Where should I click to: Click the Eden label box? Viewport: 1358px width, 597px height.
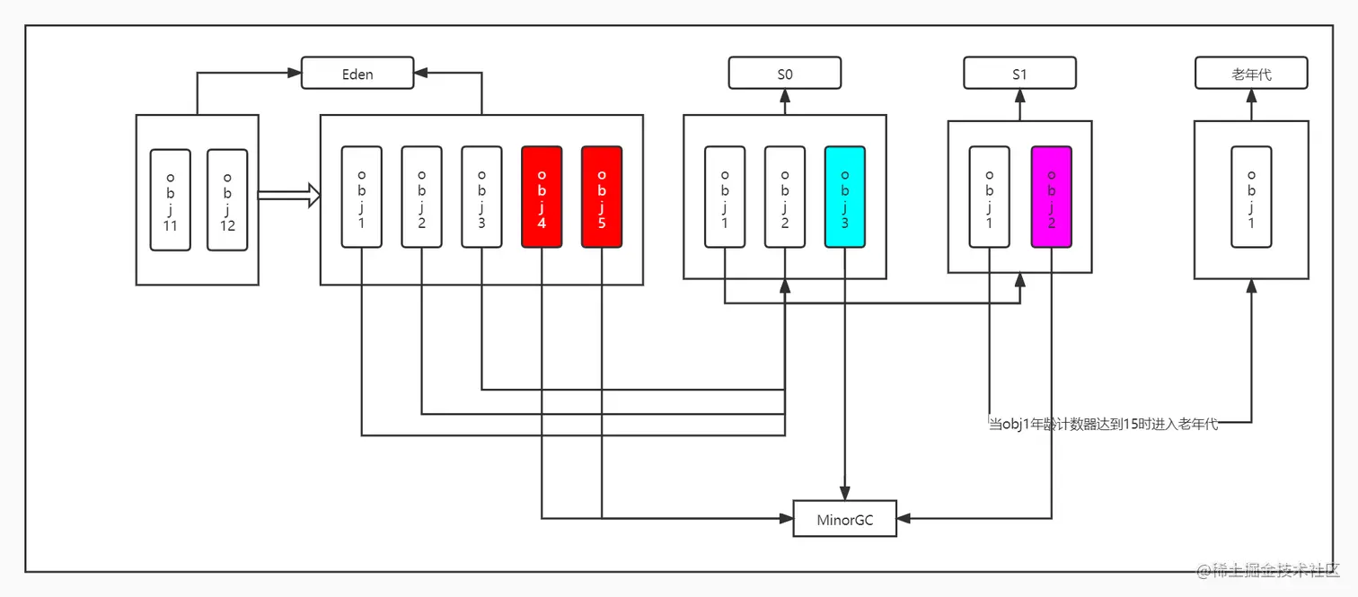tap(357, 74)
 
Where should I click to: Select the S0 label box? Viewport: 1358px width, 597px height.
tap(784, 74)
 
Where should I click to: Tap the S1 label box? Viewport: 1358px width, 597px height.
tap(1019, 74)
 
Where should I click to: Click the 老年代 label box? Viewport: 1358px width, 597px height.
tap(1251, 74)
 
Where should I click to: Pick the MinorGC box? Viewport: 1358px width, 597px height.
tap(844, 519)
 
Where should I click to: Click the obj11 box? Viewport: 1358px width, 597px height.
tap(171, 199)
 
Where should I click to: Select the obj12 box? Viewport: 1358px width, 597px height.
tap(227, 199)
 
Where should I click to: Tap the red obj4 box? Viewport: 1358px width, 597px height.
tap(542, 197)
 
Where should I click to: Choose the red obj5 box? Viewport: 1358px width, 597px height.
tap(602, 197)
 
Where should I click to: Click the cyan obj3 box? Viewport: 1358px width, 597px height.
tap(844, 197)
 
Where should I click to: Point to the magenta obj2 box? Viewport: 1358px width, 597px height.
tap(1052, 197)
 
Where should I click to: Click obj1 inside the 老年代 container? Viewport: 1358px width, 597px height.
tap(1251, 197)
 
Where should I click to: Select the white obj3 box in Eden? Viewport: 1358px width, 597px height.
tap(481, 197)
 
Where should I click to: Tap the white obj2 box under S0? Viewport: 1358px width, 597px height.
tap(784, 197)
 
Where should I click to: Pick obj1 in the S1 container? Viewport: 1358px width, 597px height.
tap(989, 197)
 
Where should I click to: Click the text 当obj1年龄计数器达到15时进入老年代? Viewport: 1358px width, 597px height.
tap(1103, 424)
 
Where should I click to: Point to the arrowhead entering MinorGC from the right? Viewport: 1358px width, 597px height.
tap(904, 518)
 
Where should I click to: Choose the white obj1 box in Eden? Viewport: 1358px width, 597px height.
tap(362, 197)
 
